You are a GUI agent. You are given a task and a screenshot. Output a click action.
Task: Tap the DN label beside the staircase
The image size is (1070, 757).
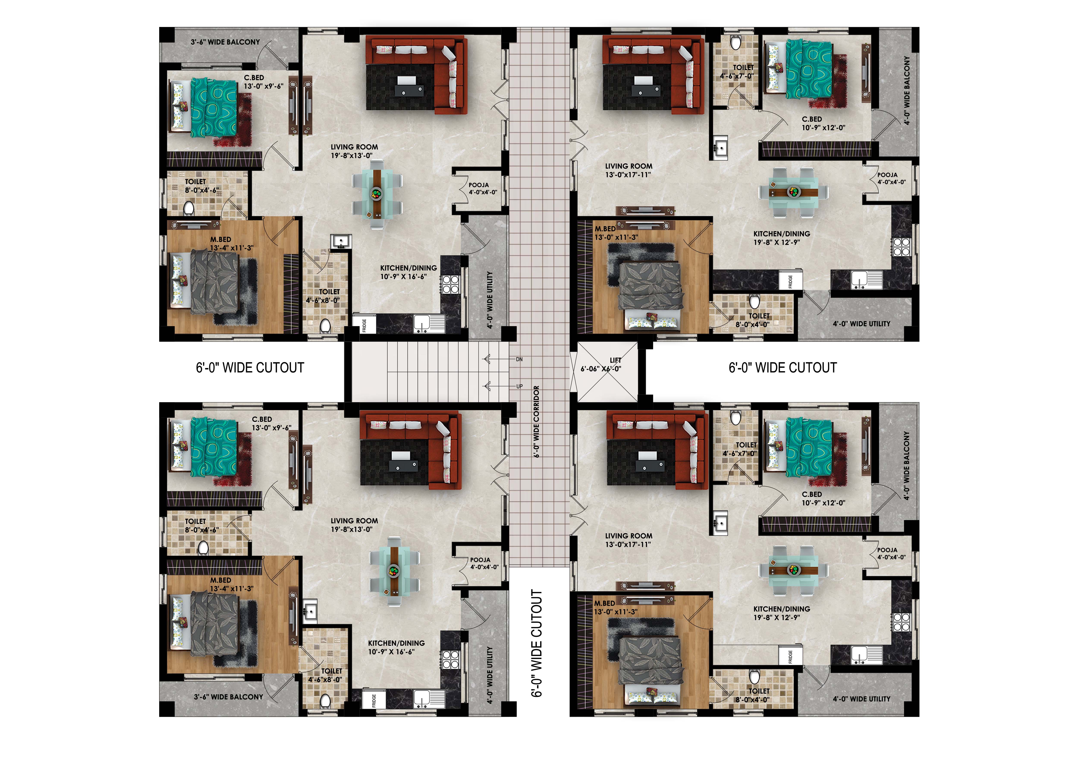(519, 359)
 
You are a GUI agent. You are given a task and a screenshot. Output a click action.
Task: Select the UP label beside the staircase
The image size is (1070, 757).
(519, 386)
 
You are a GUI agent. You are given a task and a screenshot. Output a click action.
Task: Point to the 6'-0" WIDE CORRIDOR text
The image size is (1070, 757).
(536, 422)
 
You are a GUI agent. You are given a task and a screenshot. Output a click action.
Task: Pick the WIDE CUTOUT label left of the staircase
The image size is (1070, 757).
(250, 368)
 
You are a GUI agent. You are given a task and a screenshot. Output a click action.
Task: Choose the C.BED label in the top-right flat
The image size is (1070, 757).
(812, 119)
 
